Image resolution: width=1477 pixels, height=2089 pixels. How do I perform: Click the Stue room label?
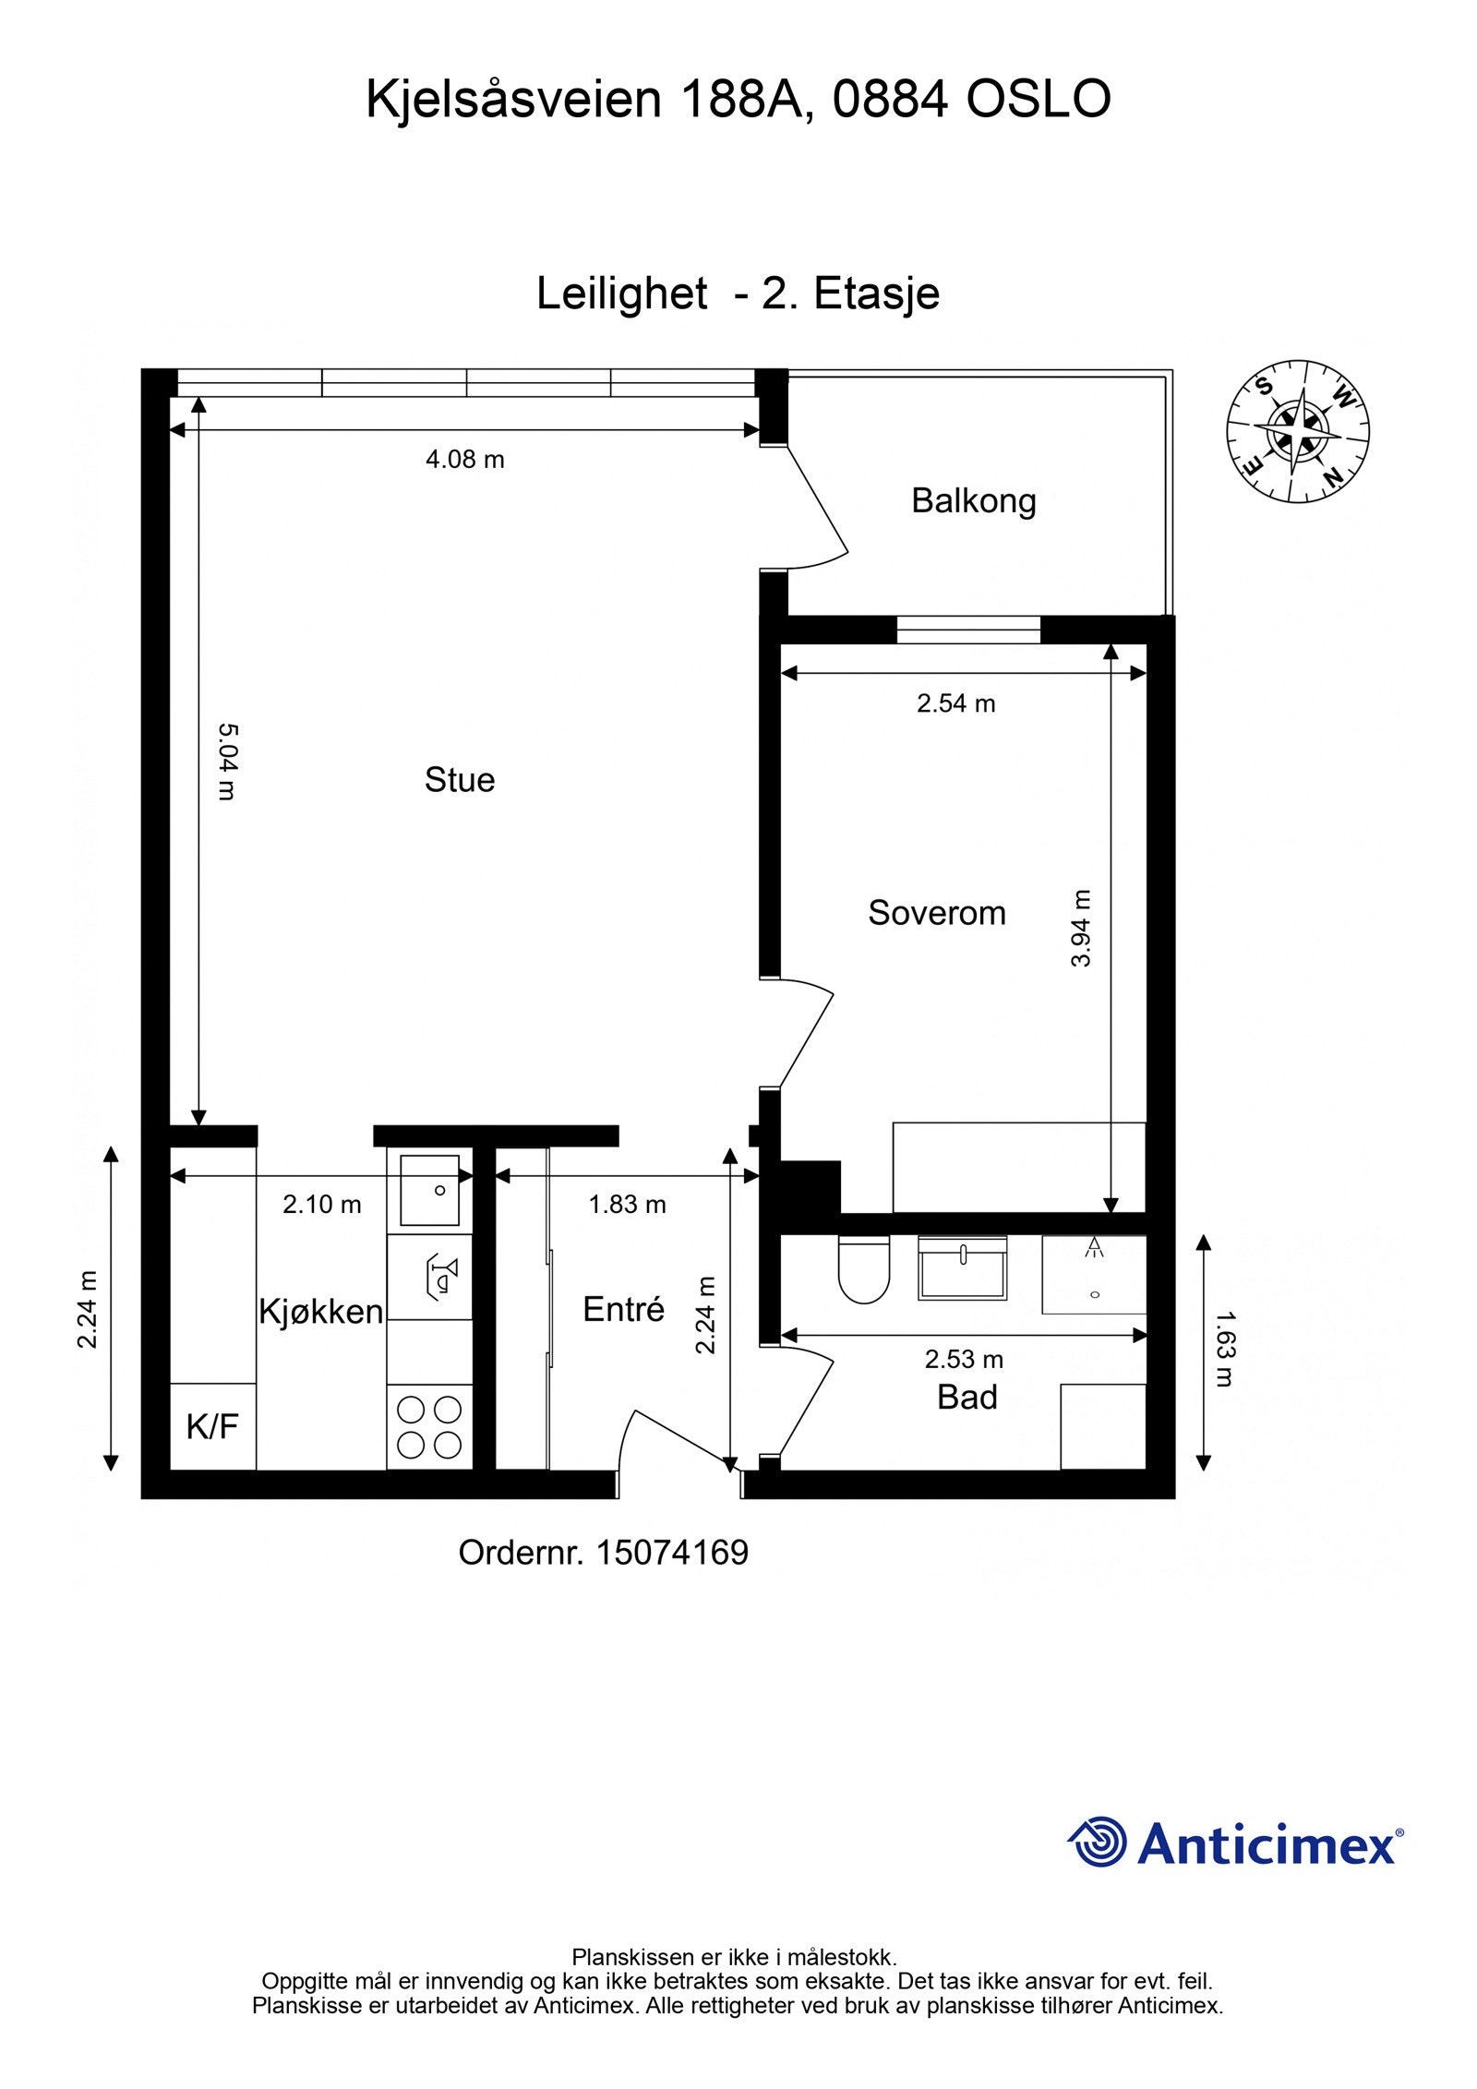459,780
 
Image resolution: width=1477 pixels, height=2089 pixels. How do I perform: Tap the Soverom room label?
936,913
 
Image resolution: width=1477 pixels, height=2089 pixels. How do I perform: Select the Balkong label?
973,501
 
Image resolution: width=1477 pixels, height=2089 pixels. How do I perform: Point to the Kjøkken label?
320,1312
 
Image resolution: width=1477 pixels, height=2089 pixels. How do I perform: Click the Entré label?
623,1309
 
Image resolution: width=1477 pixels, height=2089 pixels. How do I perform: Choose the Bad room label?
967,1398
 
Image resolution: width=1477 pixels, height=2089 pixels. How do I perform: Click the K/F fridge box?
213,1426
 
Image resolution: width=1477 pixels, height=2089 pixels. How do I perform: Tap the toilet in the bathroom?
863,1269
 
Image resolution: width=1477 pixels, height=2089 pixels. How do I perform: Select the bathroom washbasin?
962,1267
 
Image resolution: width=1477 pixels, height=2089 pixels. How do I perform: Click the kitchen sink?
429,1190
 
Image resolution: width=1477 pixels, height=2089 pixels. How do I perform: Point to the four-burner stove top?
429,1427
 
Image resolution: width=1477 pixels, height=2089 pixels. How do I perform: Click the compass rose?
1297,431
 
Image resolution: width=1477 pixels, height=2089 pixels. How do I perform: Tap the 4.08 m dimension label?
464,460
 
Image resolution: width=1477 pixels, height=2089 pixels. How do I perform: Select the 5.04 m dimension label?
227,761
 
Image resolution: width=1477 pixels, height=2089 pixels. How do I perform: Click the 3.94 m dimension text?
1080,928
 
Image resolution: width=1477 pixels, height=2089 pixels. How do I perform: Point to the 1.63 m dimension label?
1224,1350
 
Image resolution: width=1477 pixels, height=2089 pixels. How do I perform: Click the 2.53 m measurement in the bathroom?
964,1359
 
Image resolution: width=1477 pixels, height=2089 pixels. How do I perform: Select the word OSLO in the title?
1039,99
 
